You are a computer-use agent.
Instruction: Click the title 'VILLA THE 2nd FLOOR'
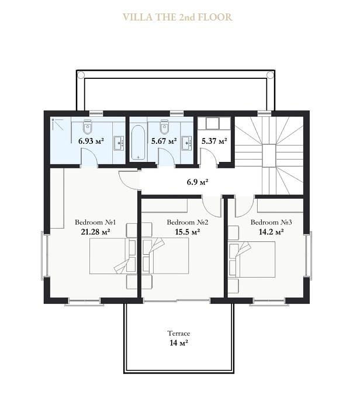178,17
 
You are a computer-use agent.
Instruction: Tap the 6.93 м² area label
91,141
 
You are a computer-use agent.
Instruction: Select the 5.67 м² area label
164,141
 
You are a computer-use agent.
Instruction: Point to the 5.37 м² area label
214,141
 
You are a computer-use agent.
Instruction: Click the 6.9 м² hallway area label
198,182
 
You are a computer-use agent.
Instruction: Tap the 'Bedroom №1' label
95,222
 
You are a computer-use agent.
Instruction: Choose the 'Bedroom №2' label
188,222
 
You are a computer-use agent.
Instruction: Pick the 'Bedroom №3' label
271,222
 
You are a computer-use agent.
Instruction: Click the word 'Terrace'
179,333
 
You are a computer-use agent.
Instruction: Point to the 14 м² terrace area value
179,343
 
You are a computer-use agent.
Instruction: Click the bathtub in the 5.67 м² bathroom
138,143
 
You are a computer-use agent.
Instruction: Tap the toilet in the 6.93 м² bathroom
88,127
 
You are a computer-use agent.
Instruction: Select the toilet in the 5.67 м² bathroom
164,127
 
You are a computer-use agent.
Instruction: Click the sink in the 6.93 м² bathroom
119,143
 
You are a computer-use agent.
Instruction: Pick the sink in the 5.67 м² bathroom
186,143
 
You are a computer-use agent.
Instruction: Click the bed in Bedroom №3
252,260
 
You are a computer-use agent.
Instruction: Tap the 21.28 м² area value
95,231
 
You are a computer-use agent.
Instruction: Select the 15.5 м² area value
188,231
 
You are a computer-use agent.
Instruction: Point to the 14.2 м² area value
271,231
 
